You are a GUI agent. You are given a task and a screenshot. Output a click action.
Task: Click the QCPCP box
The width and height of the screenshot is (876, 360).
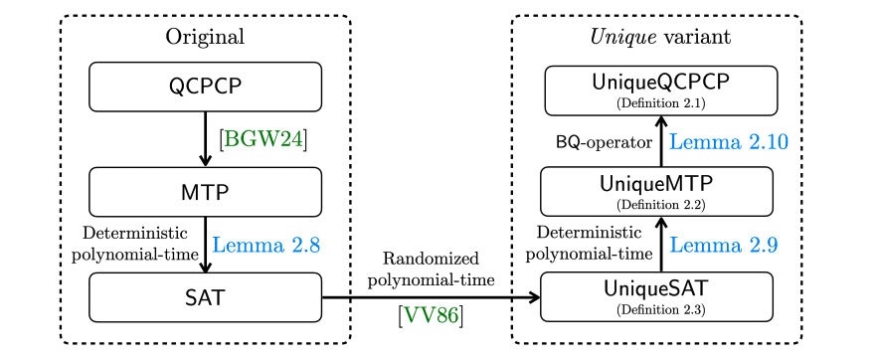(x=206, y=87)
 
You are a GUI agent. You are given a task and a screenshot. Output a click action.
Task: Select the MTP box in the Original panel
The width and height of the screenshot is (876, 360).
(x=206, y=191)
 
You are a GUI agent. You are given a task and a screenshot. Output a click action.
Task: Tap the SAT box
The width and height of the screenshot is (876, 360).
(x=206, y=296)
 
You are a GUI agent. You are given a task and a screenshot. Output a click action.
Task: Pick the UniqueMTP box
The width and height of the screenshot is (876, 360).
(x=657, y=191)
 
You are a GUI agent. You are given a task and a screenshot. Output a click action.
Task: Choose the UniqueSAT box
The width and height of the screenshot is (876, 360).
(x=657, y=296)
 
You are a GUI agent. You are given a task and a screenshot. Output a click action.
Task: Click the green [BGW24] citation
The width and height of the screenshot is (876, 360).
(x=263, y=139)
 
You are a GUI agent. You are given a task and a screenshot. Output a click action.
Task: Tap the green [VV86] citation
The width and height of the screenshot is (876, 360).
(x=431, y=317)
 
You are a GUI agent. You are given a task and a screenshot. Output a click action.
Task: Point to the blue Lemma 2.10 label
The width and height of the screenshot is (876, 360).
(x=729, y=142)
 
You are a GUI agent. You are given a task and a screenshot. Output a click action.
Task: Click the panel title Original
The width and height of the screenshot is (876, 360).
(x=205, y=38)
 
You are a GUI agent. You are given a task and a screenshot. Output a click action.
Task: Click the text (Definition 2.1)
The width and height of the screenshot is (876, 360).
(x=659, y=102)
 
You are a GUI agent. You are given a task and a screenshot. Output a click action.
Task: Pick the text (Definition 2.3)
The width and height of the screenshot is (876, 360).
(x=657, y=310)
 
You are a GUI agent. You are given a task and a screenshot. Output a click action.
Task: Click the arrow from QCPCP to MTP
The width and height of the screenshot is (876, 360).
(x=205, y=139)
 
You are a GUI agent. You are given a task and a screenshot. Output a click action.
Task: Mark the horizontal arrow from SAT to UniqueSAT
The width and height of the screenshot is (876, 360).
(x=431, y=296)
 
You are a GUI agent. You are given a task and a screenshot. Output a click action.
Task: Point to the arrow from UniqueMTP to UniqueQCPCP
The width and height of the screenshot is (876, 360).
(x=660, y=141)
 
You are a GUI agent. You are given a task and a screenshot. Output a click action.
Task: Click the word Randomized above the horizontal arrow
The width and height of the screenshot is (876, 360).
(x=432, y=258)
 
